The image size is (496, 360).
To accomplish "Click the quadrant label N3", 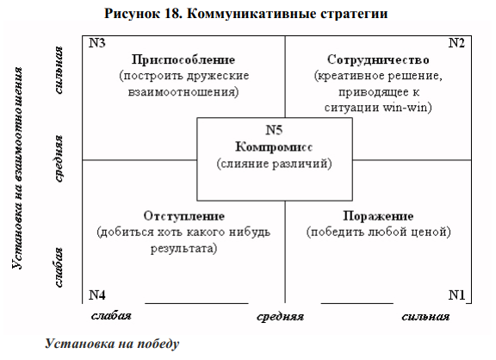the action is [97, 43].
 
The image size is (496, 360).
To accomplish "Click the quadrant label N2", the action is [456, 43].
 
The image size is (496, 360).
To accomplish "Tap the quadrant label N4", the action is [97, 295].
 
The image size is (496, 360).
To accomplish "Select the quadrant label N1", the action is [456, 295].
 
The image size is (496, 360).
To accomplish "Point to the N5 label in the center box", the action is [274, 130].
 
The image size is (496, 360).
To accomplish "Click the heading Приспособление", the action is [183, 59].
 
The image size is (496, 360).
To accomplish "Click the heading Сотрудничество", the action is [378, 59].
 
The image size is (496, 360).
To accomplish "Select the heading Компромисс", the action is [274, 147].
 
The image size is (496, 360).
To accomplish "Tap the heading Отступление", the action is [184, 216].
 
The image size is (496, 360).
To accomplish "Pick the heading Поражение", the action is [378, 216].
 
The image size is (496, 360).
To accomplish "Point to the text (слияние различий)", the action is [274, 164].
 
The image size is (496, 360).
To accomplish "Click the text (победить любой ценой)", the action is [378, 233].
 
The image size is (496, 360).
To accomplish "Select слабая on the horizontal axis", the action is [111, 316].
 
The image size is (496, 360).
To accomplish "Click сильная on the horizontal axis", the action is [425, 317].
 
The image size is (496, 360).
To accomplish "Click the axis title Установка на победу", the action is [112, 344].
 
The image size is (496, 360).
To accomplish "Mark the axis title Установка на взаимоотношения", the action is [17, 168].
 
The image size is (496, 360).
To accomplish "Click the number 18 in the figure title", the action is [173, 14].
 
